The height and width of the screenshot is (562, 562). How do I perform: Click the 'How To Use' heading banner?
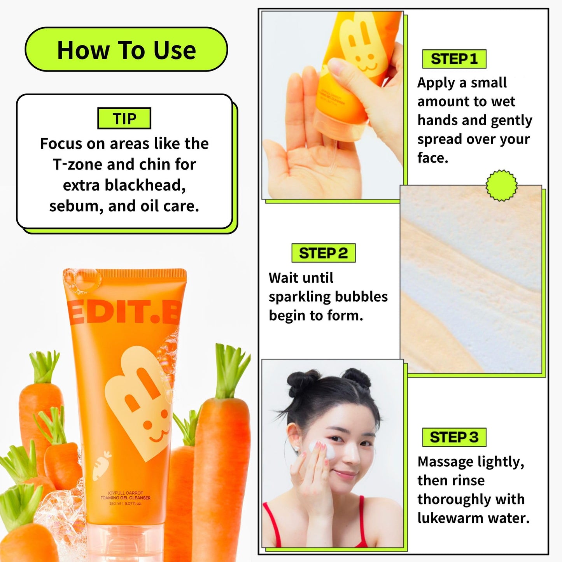click(x=126, y=50)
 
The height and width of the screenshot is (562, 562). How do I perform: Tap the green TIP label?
click(x=124, y=119)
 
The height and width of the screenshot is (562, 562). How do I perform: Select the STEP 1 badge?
click(x=454, y=59)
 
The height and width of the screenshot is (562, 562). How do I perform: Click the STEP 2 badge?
click(x=323, y=253)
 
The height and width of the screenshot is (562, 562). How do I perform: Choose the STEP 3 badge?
click(x=454, y=437)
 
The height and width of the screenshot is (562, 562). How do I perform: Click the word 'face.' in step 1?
click(x=432, y=158)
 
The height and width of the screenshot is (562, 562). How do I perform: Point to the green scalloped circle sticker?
click(x=502, y=186)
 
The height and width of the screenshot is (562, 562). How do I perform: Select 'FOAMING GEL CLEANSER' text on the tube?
click(x=125, y=498)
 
